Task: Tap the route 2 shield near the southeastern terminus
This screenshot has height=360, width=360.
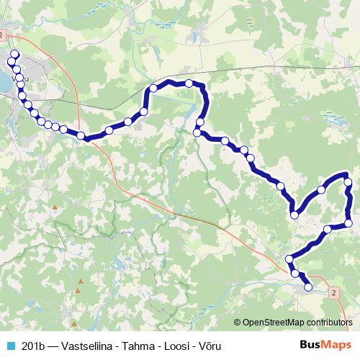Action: tap(334, 294)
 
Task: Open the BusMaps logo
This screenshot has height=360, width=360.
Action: tap(325, 345)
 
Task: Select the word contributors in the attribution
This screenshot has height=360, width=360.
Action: tap(328, 323)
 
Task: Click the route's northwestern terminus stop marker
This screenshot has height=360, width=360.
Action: tap(14, 54)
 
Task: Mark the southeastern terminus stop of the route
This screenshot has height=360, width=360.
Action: tap(309, 287)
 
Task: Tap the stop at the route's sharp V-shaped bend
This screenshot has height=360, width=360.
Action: tap(294, 214)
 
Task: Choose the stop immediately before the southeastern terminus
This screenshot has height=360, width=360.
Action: tap(294, 273)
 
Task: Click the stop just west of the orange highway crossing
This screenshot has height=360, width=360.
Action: tap(81, 135)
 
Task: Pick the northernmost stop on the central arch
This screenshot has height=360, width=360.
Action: tap(189, 84)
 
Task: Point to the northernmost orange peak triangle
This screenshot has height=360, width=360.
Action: tap(54, 207)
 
